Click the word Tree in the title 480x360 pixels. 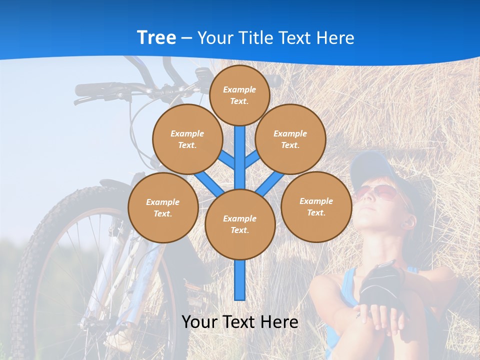pyautogui.click(x=156, y=38)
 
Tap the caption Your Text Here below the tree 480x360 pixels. pyautogui.click(x=239, y=322)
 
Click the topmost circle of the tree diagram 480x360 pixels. pyautogui.click(x=239, y=95)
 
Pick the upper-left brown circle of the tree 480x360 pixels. pyautogui.click(x=187, y=139)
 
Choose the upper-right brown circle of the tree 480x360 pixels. pyautogui.click(x=290, y=139)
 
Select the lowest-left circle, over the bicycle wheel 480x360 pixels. pyautogui.click(x=163, y=207)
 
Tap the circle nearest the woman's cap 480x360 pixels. pyautogui.click(x=316, y=206)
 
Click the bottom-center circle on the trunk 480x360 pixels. pyautogui.click(x=240, y=224)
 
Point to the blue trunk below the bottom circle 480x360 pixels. pyautogui.click(x=240, y=280)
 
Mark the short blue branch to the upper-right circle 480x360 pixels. pyautogui.click(x=252, y=159)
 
